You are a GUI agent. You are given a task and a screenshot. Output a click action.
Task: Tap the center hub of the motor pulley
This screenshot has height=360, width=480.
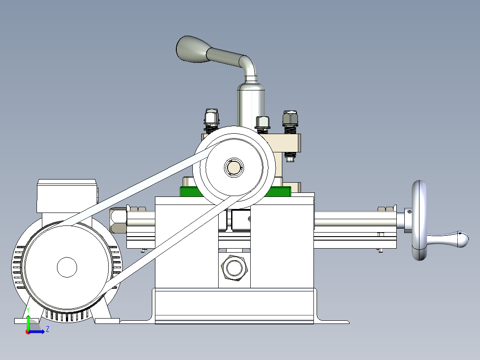[x=67, y=267]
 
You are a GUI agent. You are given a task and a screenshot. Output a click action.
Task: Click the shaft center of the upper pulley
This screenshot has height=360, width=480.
[x=233, y=167]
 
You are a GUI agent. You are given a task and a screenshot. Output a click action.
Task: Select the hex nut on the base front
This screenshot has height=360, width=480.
[x=234, y=267]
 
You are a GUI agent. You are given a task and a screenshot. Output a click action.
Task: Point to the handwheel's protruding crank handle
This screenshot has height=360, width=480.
[x=450, y=239]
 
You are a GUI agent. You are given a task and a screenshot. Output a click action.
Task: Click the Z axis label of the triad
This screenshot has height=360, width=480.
[x=48, y=329]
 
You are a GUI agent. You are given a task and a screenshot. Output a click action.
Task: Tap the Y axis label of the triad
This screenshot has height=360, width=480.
[x=28, y=309]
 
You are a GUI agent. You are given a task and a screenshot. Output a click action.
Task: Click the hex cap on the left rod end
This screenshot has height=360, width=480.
[x=118, y=221]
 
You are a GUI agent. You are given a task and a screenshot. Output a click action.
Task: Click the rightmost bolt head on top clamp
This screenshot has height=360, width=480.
[x=290, y=118]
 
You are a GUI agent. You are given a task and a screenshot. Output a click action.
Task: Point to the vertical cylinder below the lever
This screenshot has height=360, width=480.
[x=251, y=105]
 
